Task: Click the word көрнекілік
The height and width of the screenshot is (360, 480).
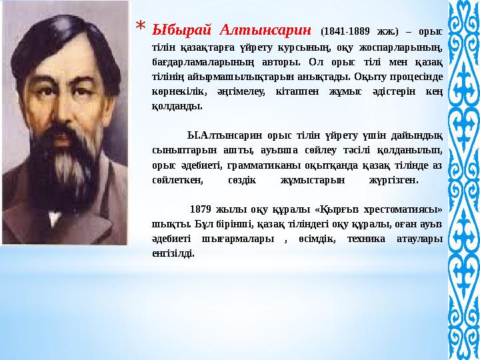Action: [175, 92]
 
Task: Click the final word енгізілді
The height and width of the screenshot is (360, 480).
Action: [173, 253]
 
